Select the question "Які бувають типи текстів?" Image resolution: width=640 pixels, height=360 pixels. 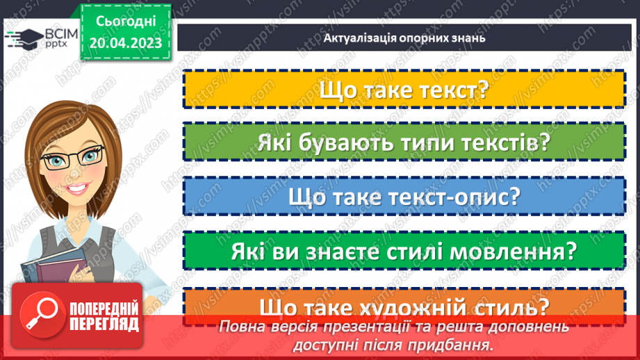click(x=404, y=144)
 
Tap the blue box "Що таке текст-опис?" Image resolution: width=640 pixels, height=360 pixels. click(x=404, y=197)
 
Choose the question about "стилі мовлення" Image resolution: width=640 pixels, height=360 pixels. click(x=404, y=251)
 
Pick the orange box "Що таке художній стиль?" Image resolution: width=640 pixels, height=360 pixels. click(x=404, y=306)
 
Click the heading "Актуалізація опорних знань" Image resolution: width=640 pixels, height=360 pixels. click(x=404, y=38)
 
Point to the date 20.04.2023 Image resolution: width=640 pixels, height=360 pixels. click(x=124, y=43)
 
